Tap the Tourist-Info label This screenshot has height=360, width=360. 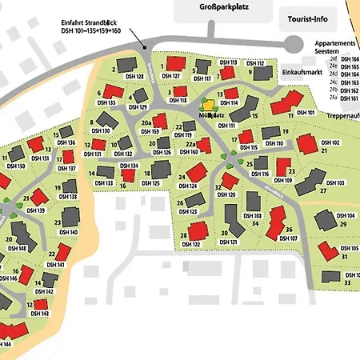pyautogui.click(x=308, y=16)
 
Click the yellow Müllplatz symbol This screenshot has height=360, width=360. pyautogui.click(x=208, y=104)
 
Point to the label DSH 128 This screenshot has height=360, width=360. pyautogui.click(x=134, y=77)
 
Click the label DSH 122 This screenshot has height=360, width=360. pyautogui.click(x=190, y=245)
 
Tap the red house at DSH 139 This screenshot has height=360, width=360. pyautogui.click(x=37, y=196)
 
